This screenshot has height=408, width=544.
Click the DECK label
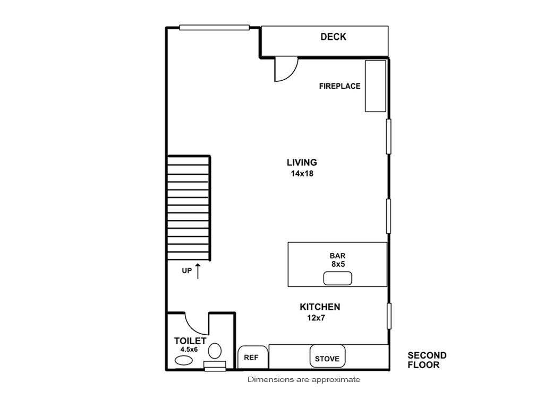coord(333,37)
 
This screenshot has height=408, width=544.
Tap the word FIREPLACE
coord(339,86)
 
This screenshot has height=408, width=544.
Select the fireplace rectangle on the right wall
coord(376,86)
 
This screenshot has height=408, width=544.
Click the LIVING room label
coord(302,163)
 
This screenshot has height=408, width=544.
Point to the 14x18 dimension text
coord(302,174)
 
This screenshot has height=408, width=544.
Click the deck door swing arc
coord(293,74)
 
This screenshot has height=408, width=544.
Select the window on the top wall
coord(215,28)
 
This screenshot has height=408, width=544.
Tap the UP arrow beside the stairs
coord(198,271)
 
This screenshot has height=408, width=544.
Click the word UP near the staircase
coord(186,270)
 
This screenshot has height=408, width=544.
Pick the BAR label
coord(337,256)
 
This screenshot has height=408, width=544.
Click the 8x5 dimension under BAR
coord(338,265)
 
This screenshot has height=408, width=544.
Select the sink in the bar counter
coord(337,278)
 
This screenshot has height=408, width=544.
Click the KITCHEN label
coord(320,307)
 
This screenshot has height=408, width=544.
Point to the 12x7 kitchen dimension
coord(316,318)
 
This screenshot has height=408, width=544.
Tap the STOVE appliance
coord(327,356)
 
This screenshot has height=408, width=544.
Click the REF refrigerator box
coord(252,358)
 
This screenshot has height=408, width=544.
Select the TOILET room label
coord(190,341)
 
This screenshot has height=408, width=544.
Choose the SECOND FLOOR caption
coord(427,360)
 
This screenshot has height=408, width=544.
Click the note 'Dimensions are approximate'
coord(304,380)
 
